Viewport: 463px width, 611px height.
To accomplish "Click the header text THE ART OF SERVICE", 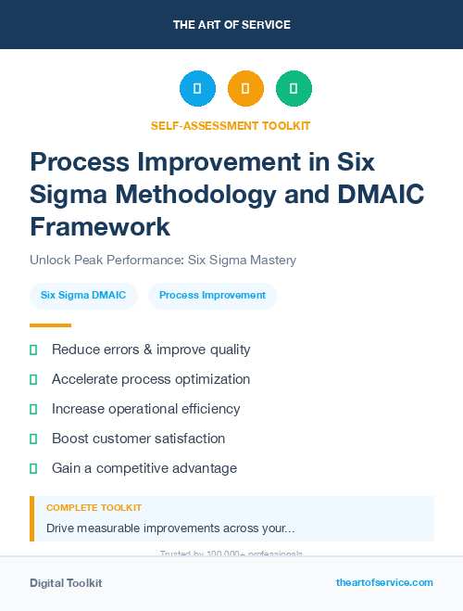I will click(x=231, y=24).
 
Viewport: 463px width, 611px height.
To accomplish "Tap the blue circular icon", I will click(x=197, y=89).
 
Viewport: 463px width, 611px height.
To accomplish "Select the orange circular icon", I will click(x=245, y=89).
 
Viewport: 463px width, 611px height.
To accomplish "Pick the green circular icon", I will click(x=294, y=89).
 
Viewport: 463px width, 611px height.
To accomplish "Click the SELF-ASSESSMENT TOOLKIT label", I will click(x=231, y=125).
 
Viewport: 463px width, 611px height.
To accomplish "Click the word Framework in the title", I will click(x=100, y=226).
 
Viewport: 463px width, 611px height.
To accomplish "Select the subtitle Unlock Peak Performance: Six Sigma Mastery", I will click(x=163, y=260).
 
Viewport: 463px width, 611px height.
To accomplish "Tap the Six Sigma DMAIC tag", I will click(x=83, y=296).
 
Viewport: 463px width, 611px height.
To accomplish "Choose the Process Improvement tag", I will click(x=212, y=296).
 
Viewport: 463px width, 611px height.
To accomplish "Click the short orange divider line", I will click(x=50, y=325).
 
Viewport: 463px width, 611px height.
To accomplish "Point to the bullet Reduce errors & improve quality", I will click(x=151, y=350).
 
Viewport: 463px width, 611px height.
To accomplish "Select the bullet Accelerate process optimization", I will click(x=151, y=379).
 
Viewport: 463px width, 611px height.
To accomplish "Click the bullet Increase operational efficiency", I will click(x=145, y=409).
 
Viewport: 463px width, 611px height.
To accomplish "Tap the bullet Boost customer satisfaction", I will click(x=138, y=439).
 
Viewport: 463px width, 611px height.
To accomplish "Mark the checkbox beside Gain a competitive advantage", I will click(x=33, y=468).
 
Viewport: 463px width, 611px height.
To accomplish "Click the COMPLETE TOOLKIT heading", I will click(x=94, y=508).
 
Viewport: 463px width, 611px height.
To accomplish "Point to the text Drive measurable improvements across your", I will click(x=170, y=528).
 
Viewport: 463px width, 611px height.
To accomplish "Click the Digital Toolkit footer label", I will click(x=66, y=583).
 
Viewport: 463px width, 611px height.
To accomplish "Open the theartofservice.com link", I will click(x=384, y=582).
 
